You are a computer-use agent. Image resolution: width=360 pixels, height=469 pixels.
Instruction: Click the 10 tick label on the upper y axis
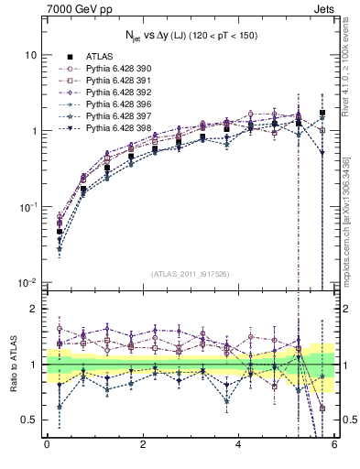tap(30, 55)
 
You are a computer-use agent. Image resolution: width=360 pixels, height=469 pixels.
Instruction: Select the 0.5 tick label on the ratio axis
tap(29, 420)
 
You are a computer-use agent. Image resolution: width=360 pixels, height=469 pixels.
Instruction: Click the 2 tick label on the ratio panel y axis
tap(35, 310)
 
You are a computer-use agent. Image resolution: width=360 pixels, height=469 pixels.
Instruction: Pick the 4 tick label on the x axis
tap(238, 445)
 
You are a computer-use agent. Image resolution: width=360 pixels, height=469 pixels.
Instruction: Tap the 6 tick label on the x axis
tap(334, 445)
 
